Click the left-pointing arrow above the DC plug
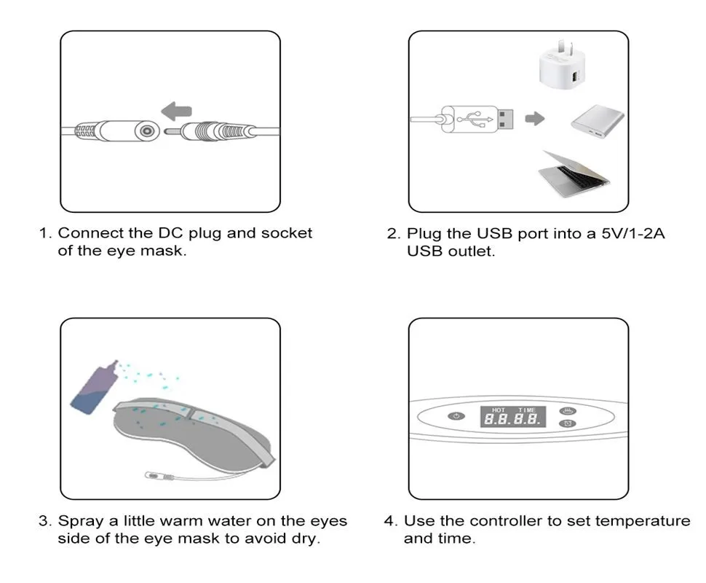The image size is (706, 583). (176, 111)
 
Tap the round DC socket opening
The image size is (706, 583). (146, 131)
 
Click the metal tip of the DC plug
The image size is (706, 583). (172, 132)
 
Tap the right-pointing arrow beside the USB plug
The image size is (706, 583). (535, 119)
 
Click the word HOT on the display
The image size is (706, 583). (499, 410)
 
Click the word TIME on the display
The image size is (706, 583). (527, 410)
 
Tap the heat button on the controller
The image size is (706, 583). (568, 411)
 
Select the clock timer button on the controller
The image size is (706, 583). (567, 423)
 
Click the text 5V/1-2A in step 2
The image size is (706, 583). (633, 233)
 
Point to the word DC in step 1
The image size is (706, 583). (170, 233)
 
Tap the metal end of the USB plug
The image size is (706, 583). (505, 120)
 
